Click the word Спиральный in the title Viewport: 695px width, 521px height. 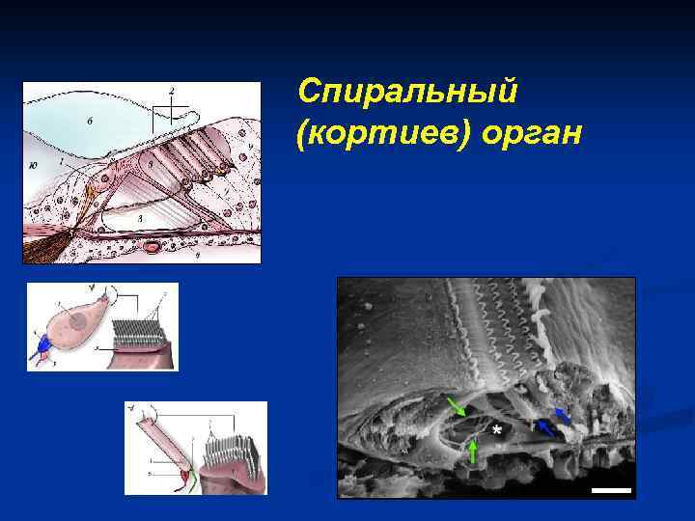[x=408, y=94]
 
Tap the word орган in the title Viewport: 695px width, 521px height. [x=527, y=134]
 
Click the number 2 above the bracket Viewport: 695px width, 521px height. [x=171, y=90]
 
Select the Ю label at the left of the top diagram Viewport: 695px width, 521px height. [x=34, y=165]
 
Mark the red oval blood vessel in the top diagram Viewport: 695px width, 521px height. [x=151, y=247]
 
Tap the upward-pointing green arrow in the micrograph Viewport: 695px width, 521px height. [x=472, y=452]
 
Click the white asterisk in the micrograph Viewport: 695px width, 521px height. [x=497, y=429]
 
